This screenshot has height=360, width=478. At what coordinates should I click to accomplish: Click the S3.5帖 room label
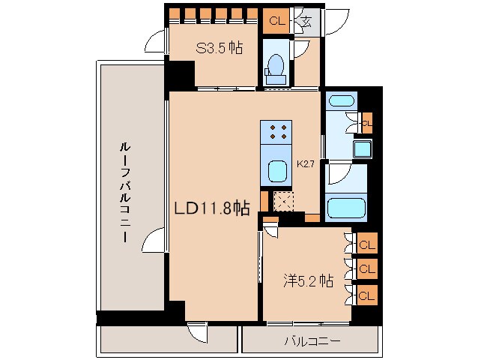(x=220, y=49)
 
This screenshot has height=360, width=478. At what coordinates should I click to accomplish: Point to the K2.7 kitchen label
(x=305, y=163)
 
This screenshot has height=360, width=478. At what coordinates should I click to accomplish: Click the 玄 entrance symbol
(x=306, y=21)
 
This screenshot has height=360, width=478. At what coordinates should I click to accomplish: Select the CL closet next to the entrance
(x=277, y=21)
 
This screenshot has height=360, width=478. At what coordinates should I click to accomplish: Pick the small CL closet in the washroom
(x=366, y=121)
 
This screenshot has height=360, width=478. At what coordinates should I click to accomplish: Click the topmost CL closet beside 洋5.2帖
(x=367, y=244)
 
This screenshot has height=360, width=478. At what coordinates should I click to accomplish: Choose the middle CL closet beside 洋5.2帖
(x=367, y=268)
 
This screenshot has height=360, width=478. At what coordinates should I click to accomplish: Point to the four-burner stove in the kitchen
(x=276, y=133)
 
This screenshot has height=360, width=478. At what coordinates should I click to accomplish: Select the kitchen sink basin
(x=277, y=170)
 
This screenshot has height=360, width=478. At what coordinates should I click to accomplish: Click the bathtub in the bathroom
(x=345, y=206)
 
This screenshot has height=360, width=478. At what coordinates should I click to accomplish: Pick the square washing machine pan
(x=363, y=148)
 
